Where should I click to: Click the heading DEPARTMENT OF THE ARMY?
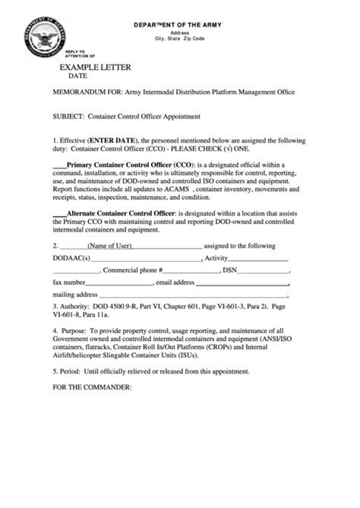[180, 24]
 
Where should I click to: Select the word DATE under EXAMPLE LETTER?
[78, 77]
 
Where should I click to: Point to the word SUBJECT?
[68, 117]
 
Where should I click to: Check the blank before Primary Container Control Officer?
[58, 163]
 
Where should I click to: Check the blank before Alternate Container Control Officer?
[58, 215]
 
